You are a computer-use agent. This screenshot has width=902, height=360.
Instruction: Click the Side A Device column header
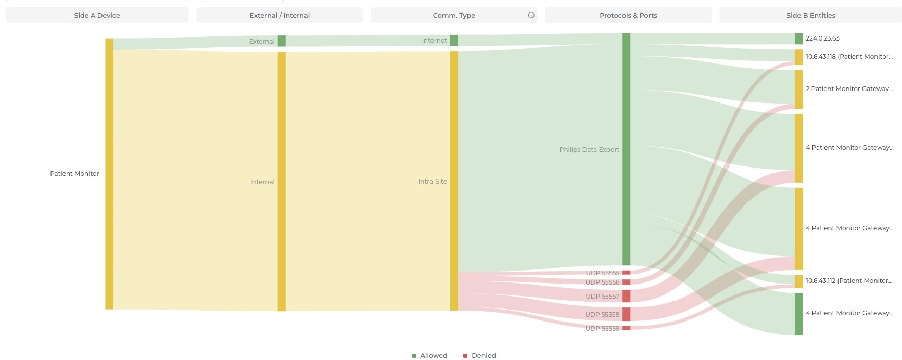97,15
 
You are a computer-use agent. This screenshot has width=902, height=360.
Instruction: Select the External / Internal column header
280,15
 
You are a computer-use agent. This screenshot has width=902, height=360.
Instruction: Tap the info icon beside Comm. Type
531,15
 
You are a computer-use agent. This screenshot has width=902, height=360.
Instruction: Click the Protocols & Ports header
628,15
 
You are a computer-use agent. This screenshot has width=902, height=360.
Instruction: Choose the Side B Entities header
810,15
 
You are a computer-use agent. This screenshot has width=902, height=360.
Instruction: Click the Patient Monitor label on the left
74,174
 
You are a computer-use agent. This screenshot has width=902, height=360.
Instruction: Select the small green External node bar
282,41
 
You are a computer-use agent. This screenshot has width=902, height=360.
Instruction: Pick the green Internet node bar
454,40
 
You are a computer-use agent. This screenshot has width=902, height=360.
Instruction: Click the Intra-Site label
433,182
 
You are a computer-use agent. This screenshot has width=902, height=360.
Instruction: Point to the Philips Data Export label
589,150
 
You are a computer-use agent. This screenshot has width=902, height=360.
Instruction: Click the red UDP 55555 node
626,273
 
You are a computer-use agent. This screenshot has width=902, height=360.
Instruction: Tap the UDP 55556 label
602,282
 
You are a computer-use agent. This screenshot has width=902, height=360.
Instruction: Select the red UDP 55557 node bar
626,296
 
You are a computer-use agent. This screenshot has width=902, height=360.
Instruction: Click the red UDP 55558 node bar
626,314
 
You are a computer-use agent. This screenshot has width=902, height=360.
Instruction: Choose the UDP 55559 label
602,329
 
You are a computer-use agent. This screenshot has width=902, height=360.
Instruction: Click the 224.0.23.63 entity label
822,38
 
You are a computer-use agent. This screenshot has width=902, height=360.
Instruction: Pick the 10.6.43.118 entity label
849,57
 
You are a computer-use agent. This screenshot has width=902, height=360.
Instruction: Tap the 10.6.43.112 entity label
849,281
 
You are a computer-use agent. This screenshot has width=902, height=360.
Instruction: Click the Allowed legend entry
430,355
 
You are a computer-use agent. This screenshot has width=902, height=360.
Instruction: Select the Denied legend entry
480,355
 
